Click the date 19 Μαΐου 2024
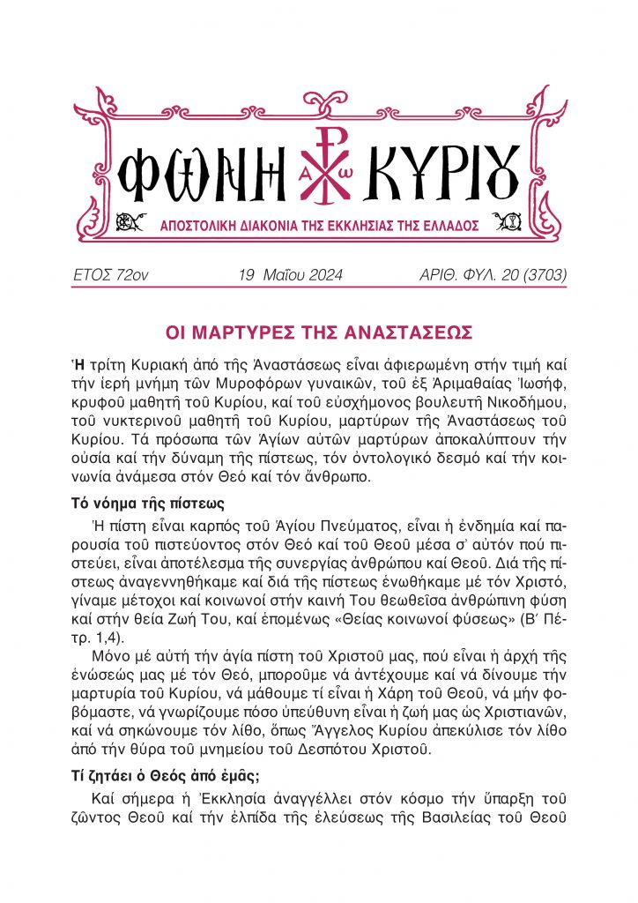290,276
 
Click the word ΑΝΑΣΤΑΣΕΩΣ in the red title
414,333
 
